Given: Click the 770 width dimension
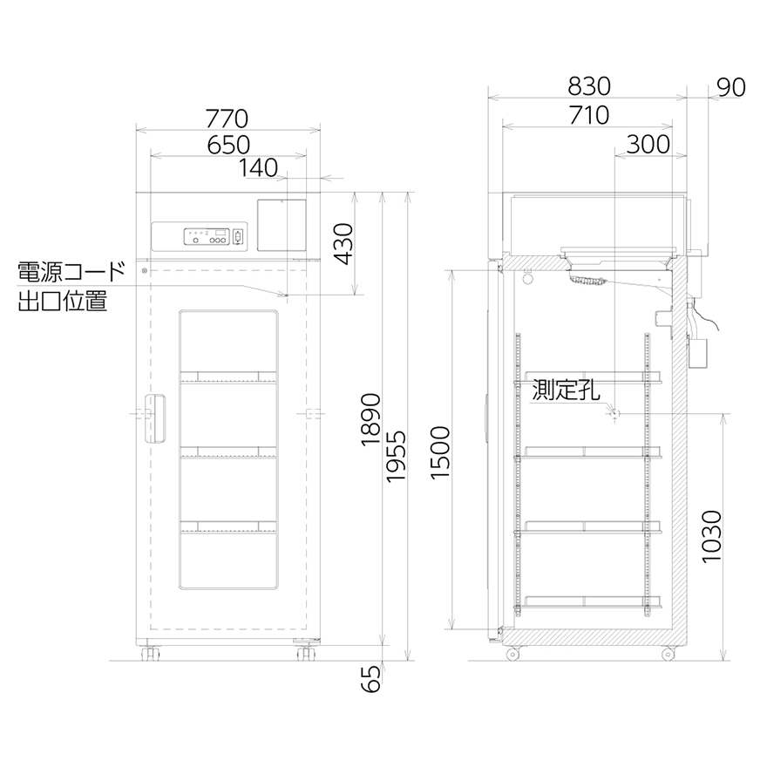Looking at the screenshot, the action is click(x=227, y=119).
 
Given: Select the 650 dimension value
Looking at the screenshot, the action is click(x=228, y=146).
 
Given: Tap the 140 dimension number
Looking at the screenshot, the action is click(x=258, y=168).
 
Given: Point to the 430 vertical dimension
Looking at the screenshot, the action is click(x=344, y=243).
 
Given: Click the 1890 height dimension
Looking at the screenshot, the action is click(x=370, y=419).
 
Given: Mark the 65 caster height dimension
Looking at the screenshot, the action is click(x=371, y=679).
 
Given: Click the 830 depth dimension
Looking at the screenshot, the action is click(x=589, y=86).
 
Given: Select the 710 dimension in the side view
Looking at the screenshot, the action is click(x=589, y=115).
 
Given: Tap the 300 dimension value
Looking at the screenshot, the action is click(x=648, y=145).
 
